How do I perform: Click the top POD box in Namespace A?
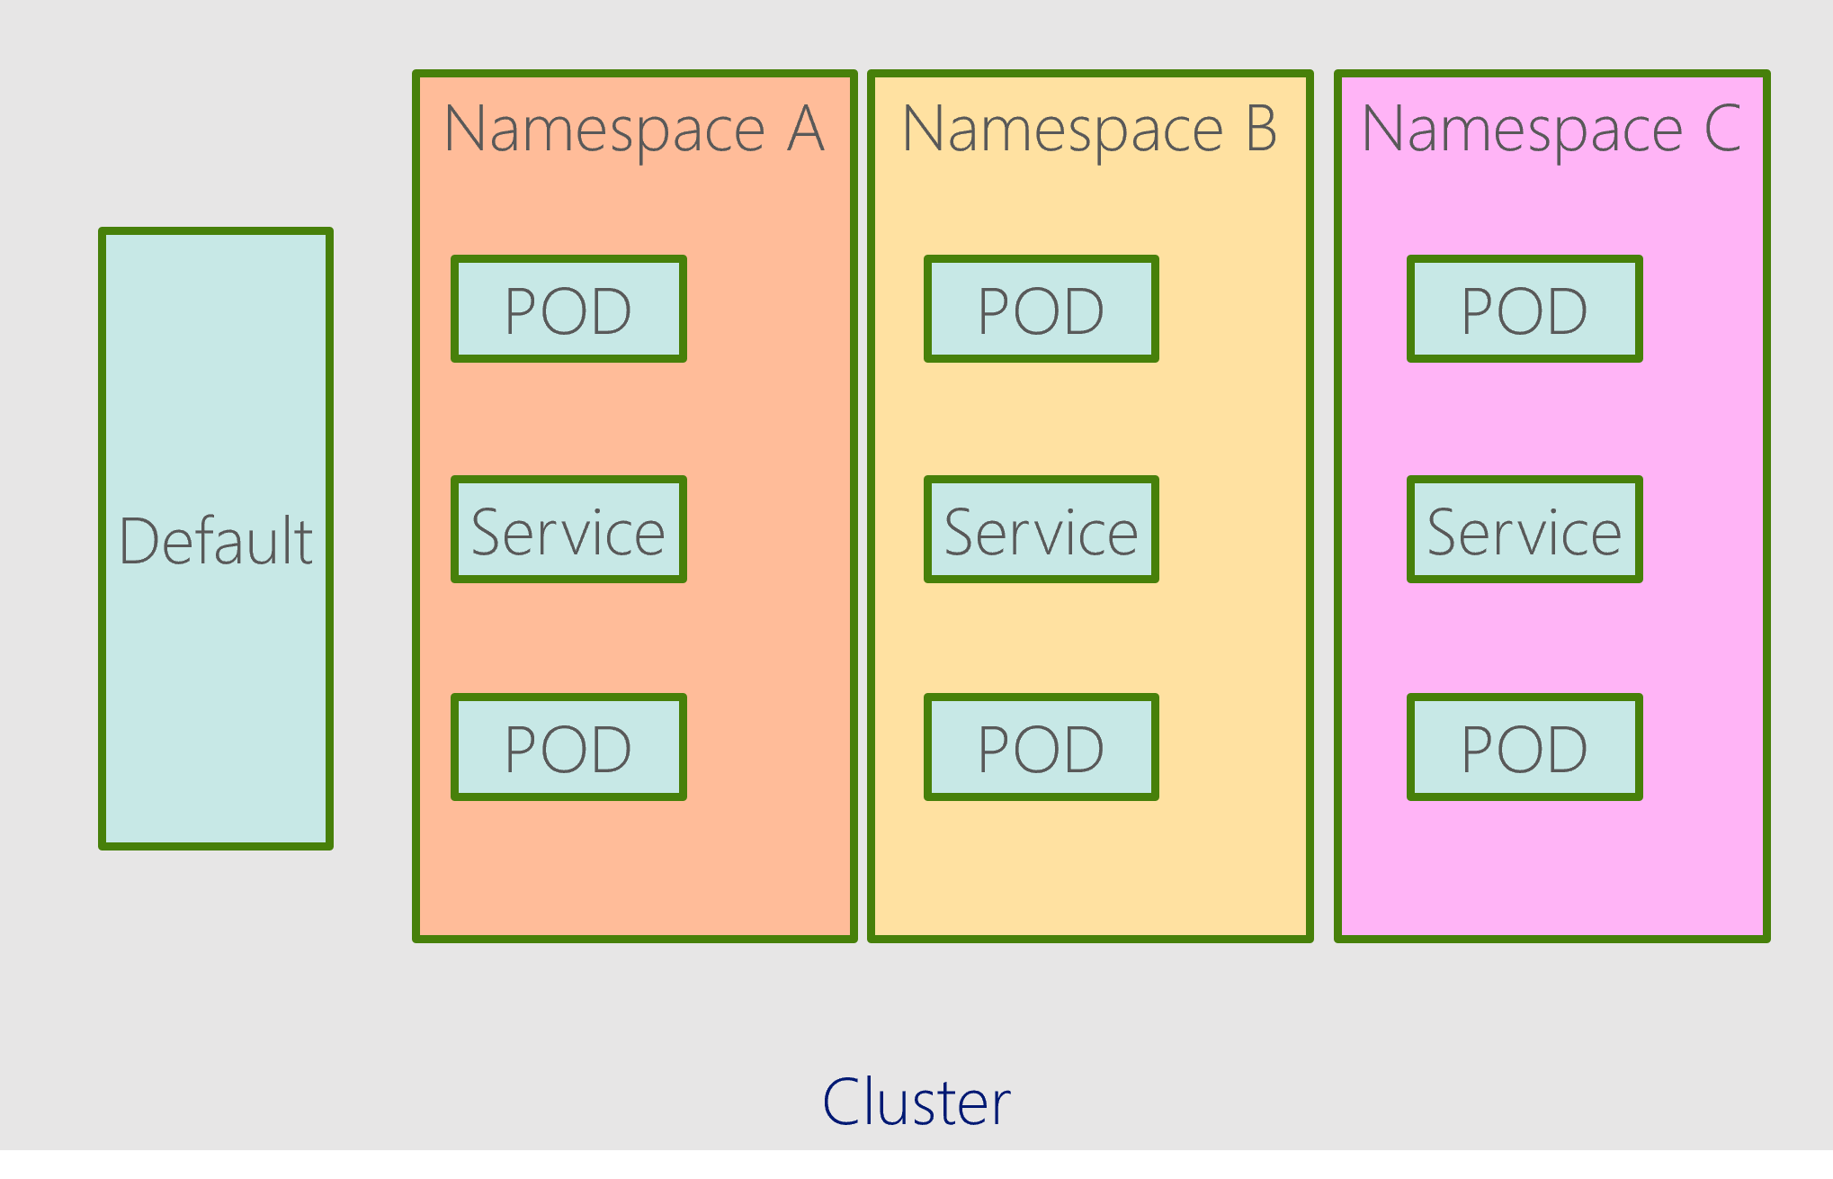tap(568, 310)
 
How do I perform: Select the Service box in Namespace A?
tap(568, 530)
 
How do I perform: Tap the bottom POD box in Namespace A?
tap(568, 747)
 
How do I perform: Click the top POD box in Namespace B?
tap(1041, 310)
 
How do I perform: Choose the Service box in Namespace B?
tap(1041, 530)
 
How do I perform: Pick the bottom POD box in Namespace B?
tap(1041, 747)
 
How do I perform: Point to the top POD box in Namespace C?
tap(1525, 310)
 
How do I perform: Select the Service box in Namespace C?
tap(1525, 530)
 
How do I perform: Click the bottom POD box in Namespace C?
tap(1525, 747)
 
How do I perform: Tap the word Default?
tap(216, 541)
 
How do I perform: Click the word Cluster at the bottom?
tap(916, 1102)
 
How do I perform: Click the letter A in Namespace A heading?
tap(806, 129)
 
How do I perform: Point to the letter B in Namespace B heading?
tap(1260, 129)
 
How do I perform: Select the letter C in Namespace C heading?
tap(1722, 129)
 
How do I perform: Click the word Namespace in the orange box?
tap(604, 130)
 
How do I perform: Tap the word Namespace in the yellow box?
tap(1062, 130)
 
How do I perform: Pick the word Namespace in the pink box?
tap(1522, 130)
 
